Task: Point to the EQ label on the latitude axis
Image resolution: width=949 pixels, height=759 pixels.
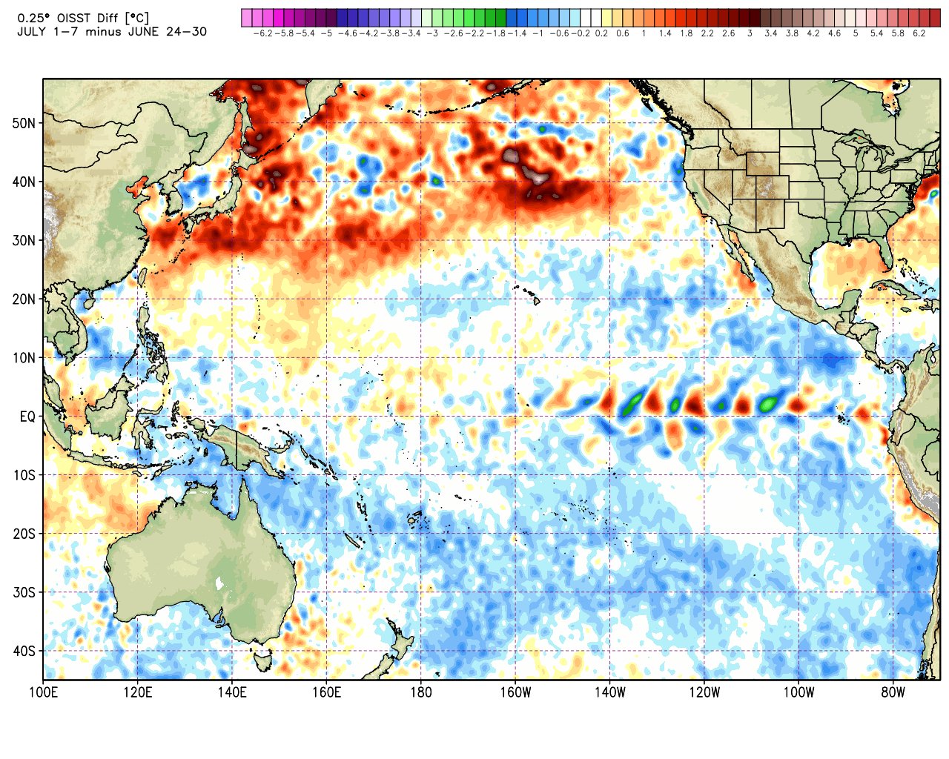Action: tap(27, 417)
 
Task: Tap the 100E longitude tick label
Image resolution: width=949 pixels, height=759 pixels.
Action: tap(43, 693)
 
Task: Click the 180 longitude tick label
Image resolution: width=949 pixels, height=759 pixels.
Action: tap(420, 693)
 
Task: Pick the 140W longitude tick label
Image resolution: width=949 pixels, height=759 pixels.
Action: tap(609, 693)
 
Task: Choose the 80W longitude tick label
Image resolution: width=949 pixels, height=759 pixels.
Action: tap(893, 693)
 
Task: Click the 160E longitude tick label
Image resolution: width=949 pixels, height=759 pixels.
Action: tap(326, 693)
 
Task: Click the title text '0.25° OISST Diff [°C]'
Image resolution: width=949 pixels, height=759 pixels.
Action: tap(84, 18)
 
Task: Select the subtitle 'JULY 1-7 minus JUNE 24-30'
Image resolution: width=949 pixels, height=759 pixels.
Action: tap(111, 32)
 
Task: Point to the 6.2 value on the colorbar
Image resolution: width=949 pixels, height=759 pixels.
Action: tap(919, 34)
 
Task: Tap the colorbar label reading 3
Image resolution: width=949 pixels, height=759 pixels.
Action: tap(750, 34)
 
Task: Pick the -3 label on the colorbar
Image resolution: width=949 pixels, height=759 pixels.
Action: tap(432, 34)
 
